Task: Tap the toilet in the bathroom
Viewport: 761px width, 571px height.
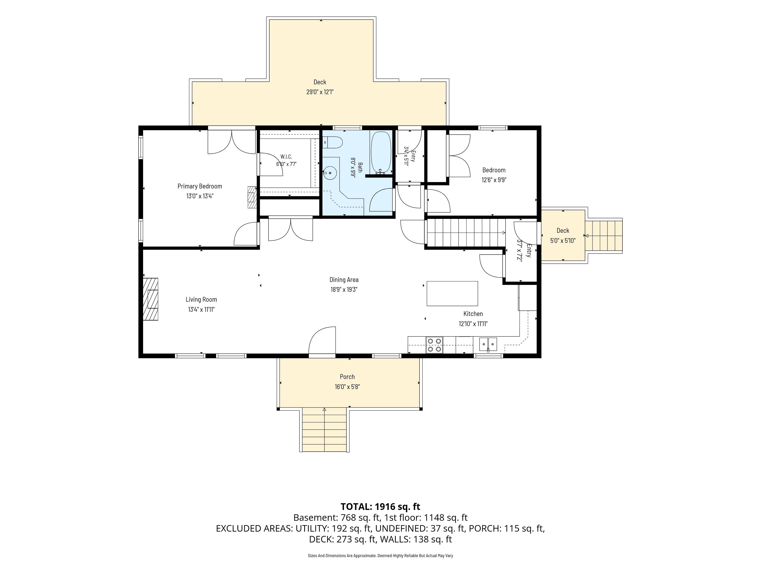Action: pyautogui.click(x=333, y=142)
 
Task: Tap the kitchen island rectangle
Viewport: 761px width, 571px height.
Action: pyautogui.click(x=452, y=294)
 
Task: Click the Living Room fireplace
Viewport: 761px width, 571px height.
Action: pyautogui.click(x=151, y=299)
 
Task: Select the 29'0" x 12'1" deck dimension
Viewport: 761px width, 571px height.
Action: pyautogui.click(x=320, y=92)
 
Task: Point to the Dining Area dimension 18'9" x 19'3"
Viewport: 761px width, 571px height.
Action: pyautogui.click(x=344, y=289)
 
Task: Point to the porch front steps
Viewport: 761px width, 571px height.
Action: pyautogui.click(x=324, y=430)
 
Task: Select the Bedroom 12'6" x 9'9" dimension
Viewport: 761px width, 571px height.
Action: pyautogui.click(x=494, y=180)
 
